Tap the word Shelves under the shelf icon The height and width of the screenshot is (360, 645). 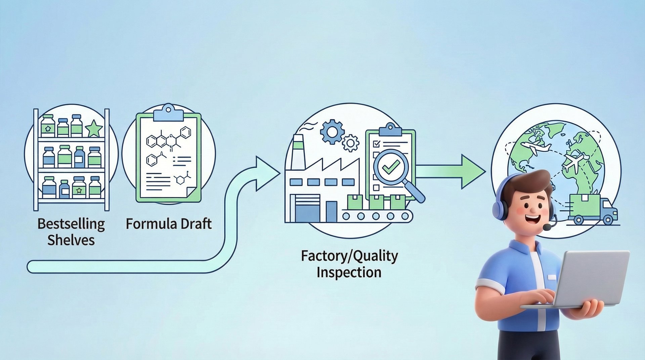point(71,240)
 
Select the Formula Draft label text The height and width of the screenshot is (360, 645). point(169,224)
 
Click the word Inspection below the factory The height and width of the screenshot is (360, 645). point(349,272)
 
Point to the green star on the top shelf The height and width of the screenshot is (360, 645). point(94,129)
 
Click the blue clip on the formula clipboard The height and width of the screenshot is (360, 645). point(168,113)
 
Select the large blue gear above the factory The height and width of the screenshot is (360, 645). point(332,132)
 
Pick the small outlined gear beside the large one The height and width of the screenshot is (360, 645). point(350,143)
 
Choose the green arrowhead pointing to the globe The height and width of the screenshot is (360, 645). point(472,171)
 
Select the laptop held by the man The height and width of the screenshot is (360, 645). point(591,279)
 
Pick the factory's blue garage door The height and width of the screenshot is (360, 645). point(307,209)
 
